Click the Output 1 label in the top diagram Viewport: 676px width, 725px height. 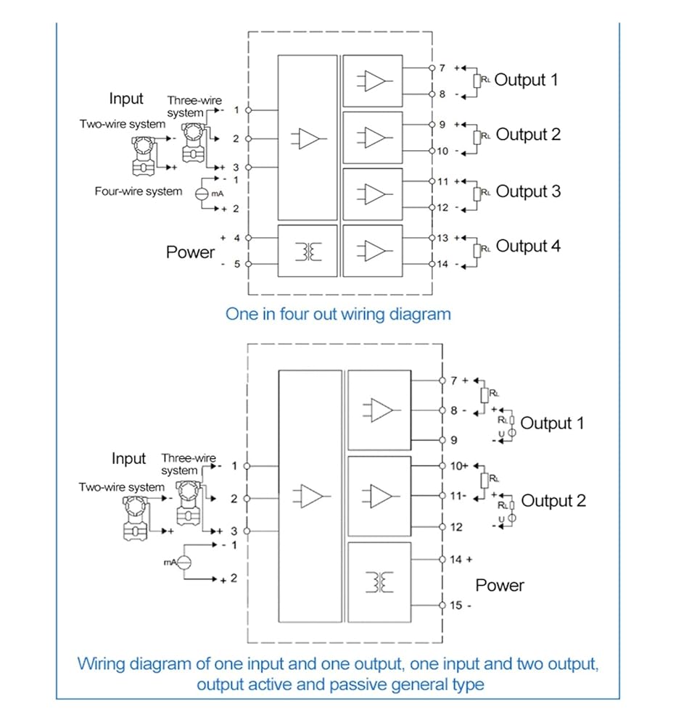526,80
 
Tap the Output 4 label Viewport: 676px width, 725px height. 528,246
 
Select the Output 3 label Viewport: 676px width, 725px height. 528,191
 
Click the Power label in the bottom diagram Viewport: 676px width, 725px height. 500,585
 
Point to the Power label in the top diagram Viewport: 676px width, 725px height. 190,252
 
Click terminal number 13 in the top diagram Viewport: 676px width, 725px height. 442,238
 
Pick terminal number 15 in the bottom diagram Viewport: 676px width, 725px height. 456,605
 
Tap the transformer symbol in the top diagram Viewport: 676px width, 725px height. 308,252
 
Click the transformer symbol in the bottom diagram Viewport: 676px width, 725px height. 379,582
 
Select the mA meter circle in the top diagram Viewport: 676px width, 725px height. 202,194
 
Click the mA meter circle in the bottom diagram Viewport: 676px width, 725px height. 184,563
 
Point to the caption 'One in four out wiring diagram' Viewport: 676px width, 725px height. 338,314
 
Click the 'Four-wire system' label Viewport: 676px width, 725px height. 139,191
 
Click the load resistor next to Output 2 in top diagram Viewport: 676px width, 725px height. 477,137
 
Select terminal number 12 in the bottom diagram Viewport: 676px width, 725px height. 456,527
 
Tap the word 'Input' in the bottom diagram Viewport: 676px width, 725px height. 128,459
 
